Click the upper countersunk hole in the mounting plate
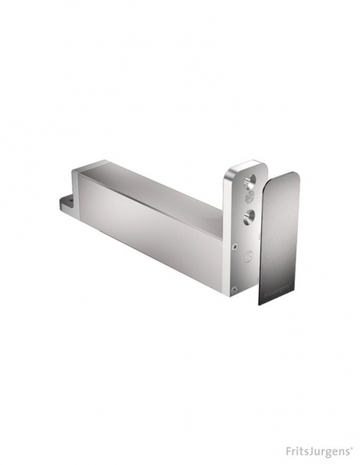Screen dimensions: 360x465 click(249, 182)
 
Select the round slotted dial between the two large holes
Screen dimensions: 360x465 click(249, 197)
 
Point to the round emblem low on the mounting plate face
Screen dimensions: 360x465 click(248, 256)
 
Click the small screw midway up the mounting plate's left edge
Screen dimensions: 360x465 click(235, 246)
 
